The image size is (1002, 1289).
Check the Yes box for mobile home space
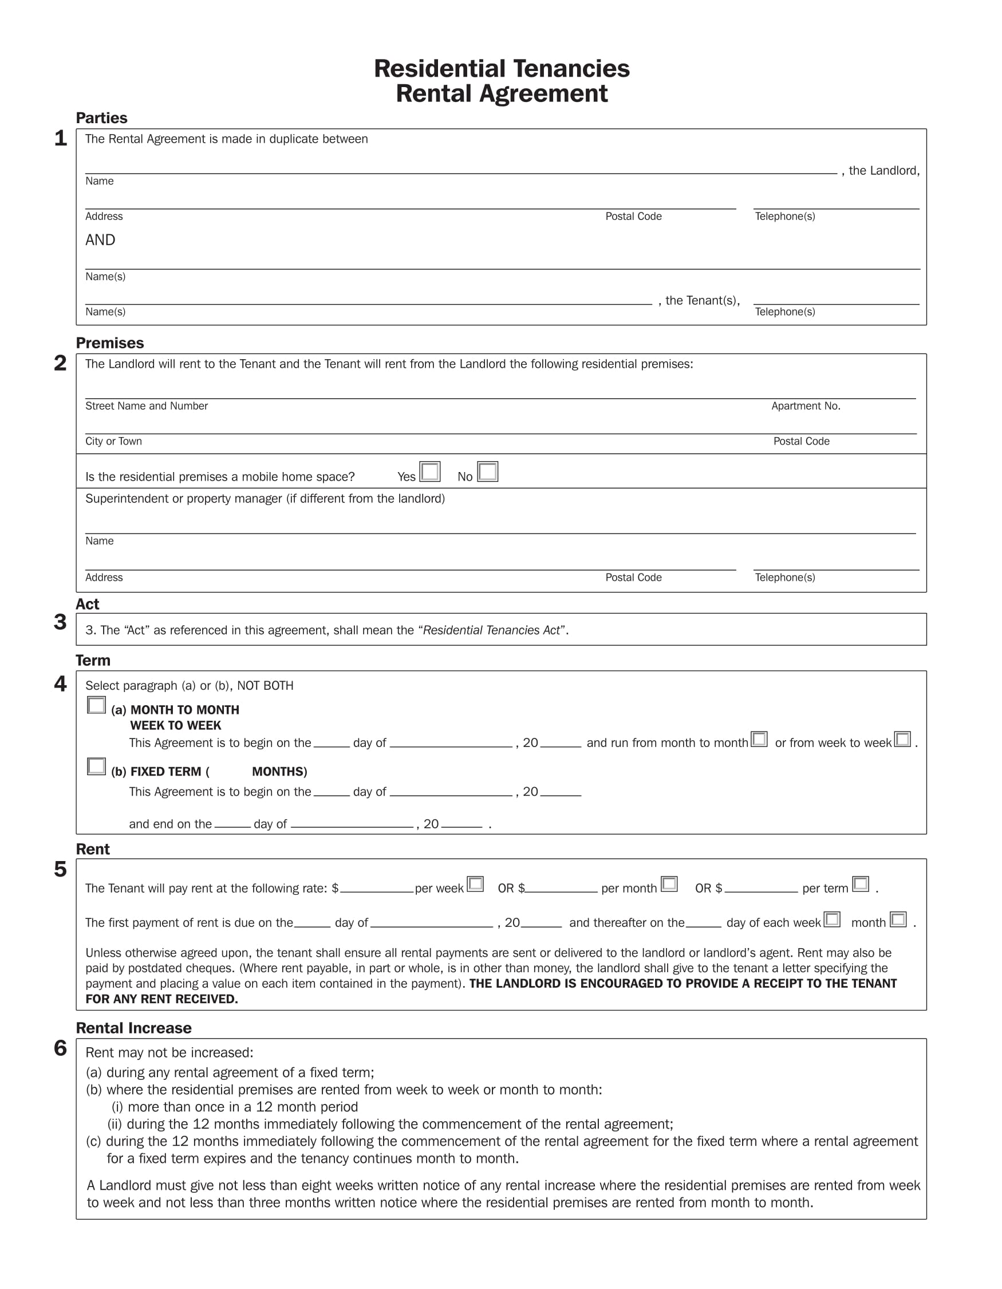429,471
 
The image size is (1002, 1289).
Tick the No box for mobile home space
487,471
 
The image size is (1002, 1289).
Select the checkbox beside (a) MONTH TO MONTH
96,705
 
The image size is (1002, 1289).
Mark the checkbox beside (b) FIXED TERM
96,766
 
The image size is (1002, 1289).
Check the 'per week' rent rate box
475,883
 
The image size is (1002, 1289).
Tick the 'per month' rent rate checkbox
669,883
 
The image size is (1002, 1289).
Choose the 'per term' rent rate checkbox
861,883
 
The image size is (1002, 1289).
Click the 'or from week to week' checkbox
902,739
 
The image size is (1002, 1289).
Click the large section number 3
60,622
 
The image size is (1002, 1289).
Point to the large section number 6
60,1048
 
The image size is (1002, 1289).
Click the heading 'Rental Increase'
133,1028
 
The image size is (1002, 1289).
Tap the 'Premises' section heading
110,343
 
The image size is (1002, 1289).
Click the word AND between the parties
100,239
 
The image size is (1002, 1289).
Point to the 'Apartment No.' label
806,406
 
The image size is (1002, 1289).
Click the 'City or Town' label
113,442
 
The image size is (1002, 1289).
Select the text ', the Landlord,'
881,171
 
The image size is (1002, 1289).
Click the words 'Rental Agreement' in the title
502,94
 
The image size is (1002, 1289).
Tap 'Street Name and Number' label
146,406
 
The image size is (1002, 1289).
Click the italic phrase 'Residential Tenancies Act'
491,630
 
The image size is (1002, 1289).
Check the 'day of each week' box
831,919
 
